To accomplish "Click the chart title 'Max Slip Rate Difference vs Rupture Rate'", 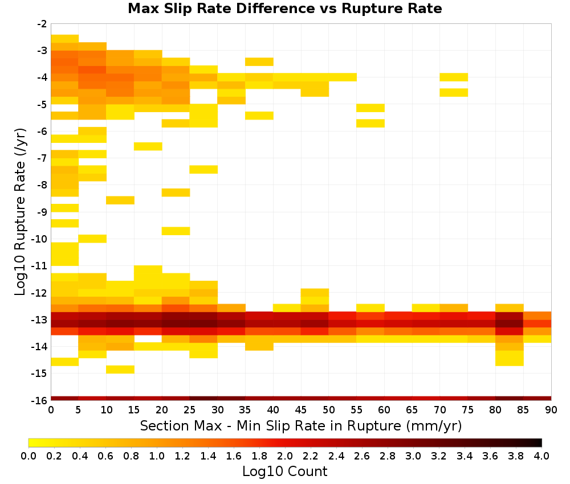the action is point(284,9).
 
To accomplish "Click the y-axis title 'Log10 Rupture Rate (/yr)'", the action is point(21,212).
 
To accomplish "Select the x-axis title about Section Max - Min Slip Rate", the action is point(301,425).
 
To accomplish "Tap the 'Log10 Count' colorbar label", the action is point(284,471).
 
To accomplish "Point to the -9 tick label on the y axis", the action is point(42,212).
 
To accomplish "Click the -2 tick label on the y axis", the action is point(42,24).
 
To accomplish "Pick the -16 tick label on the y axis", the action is point(40,400).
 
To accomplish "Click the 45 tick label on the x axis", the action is point(301,410).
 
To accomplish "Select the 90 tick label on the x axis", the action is point(551,410).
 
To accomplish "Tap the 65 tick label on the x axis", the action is point(412,410).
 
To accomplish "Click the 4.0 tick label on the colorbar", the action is point(541,456).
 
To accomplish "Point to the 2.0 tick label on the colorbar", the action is point(285,456).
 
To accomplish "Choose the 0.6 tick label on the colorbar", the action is point(105,456).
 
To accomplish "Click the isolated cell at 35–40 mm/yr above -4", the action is point(259,61).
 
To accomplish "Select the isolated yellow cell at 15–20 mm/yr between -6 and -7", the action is point(148,146).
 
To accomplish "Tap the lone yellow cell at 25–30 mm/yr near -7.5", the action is point(203,169).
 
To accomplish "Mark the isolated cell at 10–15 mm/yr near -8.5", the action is point(120,200).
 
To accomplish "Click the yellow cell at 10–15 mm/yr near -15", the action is point(120,369).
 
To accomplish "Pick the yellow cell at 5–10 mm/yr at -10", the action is point(92,239).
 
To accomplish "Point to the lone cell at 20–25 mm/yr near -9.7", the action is point(176,231).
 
